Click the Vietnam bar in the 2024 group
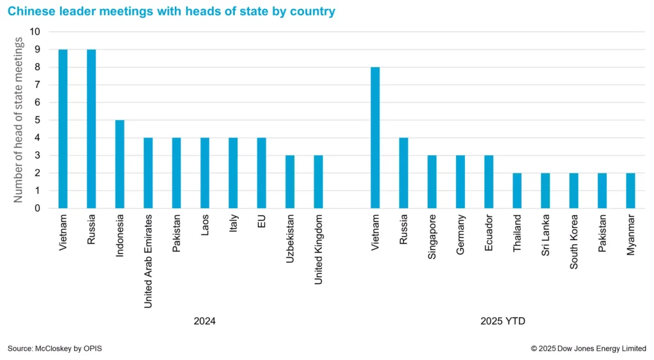[63, 128]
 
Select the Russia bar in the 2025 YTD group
[404, 172]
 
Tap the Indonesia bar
[120, 163]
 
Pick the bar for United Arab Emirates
[148, 172]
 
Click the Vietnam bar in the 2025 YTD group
[376, 137]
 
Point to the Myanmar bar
[630, 190]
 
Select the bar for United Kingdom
[318, 181]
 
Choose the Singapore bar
[432, 181]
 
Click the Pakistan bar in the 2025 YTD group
[602, 190]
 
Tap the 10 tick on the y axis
[35, 32]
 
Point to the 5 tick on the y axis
[38, 120]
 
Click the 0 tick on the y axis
[38, 208]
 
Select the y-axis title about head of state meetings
[19, 120]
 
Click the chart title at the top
[171, 11]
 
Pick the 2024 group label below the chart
[204, 321]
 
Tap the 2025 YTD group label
[503, 321]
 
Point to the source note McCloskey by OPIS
[55, 349]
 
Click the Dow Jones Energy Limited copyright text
[588, 349]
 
